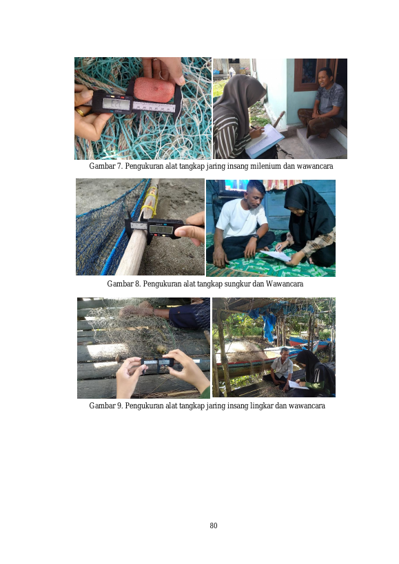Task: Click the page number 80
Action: click(214, 525)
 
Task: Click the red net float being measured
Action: click(154, 88)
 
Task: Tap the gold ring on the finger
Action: click(80, 112)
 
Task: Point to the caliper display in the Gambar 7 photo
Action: click(116, 103)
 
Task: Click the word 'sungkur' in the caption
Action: click(238, 284)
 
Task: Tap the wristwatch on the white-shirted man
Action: click(255, 237)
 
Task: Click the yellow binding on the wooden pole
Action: click(150, 201)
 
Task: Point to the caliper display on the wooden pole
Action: click(161, 229)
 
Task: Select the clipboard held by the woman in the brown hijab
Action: click(265, 140)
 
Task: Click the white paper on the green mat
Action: click(276, 255)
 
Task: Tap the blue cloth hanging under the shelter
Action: click(267, 327)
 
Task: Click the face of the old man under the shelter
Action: click(284, 354)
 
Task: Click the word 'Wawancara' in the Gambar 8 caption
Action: click(284, 284)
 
